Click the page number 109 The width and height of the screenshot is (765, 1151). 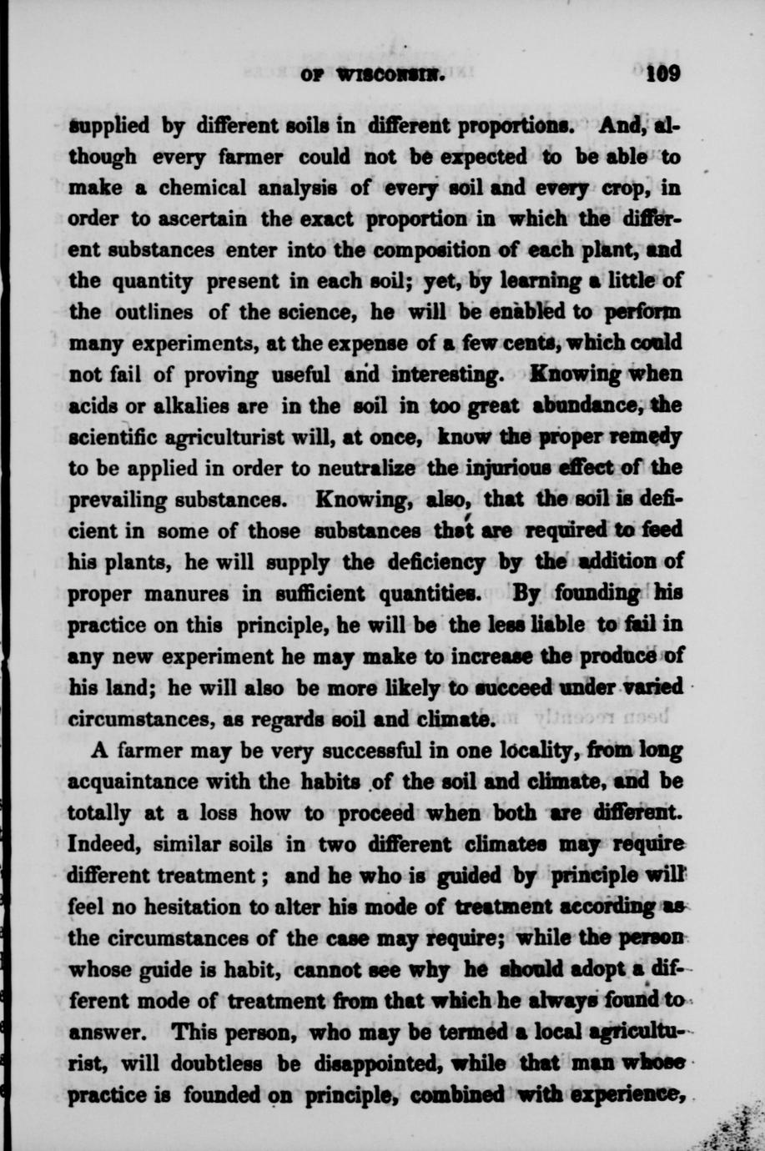(664, 74)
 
